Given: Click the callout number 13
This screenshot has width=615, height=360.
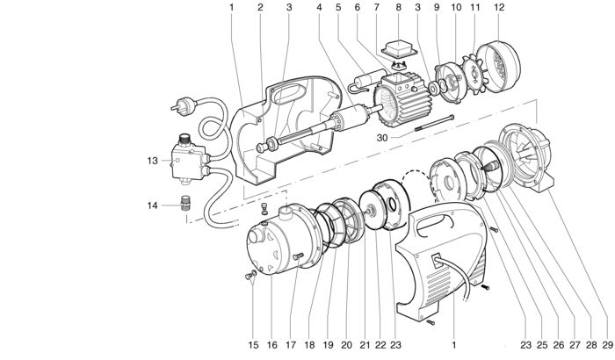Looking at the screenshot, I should click(x=151, y=161).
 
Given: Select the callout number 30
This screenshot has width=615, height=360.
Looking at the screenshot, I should click(x=381, y=137).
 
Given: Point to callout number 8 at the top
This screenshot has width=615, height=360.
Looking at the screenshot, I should click(x=398, y=8).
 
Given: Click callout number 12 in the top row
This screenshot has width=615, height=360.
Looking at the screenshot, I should click(x=499, y=8).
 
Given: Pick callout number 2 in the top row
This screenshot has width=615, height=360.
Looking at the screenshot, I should click(x=260, y=8).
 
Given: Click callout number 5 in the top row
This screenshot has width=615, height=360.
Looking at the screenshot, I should click(x=336, y=8).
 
